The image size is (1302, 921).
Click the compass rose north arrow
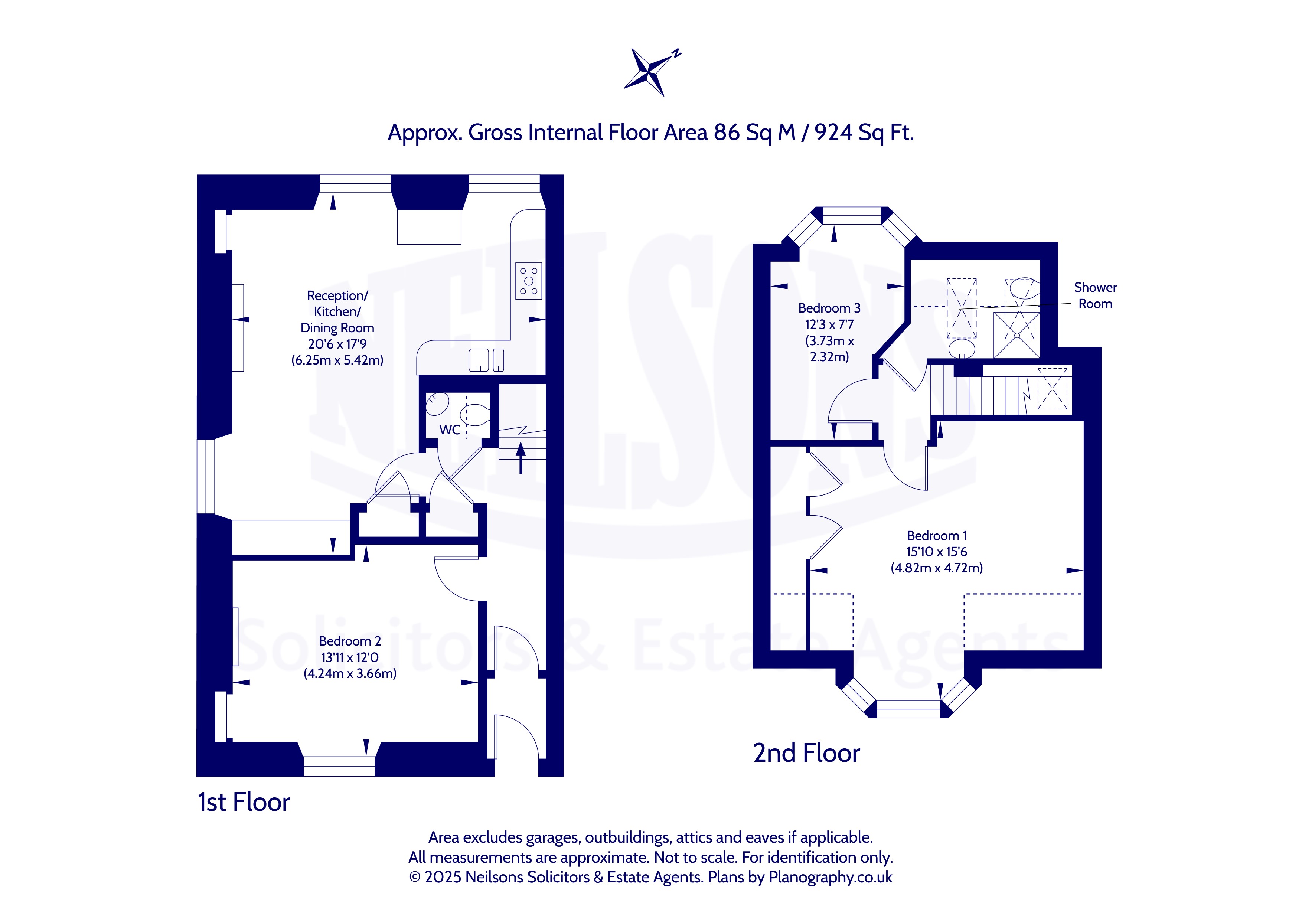tap(652, 72)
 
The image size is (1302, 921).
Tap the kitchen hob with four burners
tap(529, 281)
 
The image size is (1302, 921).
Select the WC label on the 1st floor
tap(449, 430)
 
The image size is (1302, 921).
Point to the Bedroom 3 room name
tap(829, 308)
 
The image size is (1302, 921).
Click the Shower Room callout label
tap(1095, 295)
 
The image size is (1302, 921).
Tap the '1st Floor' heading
tap(244, 802)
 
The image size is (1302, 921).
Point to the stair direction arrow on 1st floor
tap(521, 458)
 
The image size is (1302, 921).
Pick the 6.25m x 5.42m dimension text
tap(337, 360)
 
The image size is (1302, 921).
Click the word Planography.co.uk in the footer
tap(830, 877)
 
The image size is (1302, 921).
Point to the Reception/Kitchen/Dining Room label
tap(337, 311)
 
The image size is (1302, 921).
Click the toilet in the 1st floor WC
tap(475, 415)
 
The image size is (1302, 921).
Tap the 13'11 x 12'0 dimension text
tap(350, 657)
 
